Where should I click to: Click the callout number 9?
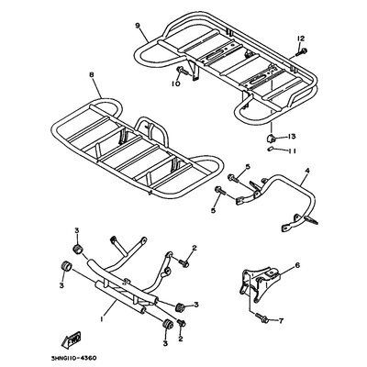pyautogui.click(x=138, y=26)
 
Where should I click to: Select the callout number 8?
pyautogui.click(x=91, y=74)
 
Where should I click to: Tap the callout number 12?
pyautogui.click(x=301, y=39)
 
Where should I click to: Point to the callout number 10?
pyautogui.click(x=176, y=83)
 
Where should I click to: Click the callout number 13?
pyautogui.click(x=292, y=137)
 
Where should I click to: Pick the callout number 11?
pyautogui.click(x=292, y=150)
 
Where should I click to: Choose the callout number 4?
pyautogui.click(x=307, y=172)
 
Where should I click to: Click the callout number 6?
pyautogui.click(x=297, y=265)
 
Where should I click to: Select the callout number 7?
pyautogui.click(x=281, y=321)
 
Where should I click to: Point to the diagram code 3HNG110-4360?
pyautogui.click(x=74, y=358)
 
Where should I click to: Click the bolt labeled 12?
pyautogui.click(x=301, y=52)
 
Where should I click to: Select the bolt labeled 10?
pyautogui.click(x=182, y=71)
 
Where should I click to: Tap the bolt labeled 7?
pyautogui.click(x=261, y=317)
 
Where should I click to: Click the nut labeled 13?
pyautogui.click(x=271, y=138)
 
